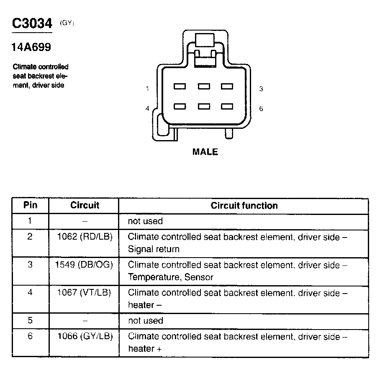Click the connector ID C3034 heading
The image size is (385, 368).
click(32, 24)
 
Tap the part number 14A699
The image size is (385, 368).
click(31, 47)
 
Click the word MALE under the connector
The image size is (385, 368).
click(205, 152)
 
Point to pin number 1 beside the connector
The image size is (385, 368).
click(148, 89)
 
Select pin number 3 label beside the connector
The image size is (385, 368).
click(261, 89)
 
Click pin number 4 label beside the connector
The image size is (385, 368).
click(147, 108)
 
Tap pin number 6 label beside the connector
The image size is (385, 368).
click(261, 108)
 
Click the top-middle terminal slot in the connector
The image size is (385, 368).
click(204, 87)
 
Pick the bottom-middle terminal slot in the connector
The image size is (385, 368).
click(204, 106)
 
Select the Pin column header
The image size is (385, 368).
click(30, 205)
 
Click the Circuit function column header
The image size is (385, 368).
click(244, 205)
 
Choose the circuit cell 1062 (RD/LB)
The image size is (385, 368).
click(85, 237)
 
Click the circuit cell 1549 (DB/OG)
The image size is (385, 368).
click(84, 265)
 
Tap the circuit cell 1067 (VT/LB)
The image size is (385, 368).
click(84, 293)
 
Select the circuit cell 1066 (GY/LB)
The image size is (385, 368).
click(85, 336)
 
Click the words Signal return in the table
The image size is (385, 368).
click(154, 249)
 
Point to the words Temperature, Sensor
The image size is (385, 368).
click(170, 277)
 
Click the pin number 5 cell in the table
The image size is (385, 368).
click(30, 321)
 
